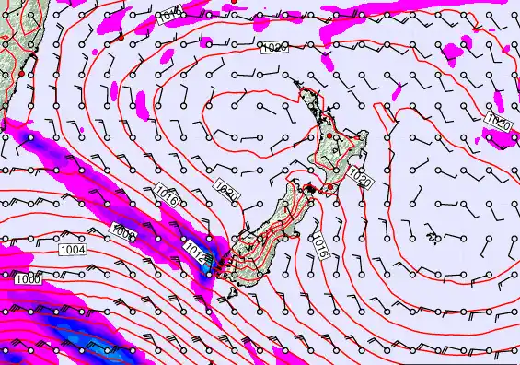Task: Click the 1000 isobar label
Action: [28, 278]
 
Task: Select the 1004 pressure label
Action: [73, 250]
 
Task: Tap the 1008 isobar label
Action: [123, 233]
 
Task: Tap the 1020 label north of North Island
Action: [274, 48]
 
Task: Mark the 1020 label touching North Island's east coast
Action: [361, 182]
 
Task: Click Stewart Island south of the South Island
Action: [232, 292]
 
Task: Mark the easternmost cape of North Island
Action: [366, 135]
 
